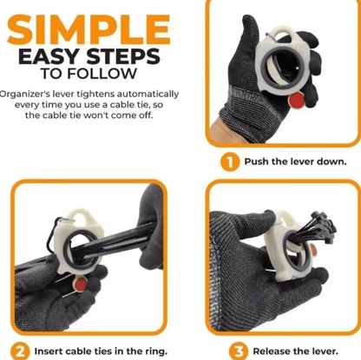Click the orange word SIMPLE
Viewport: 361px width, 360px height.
point(89,29)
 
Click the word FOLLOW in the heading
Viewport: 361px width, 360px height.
point(102,74)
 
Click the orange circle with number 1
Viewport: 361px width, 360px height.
point(230,162)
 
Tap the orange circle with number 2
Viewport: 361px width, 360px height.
point(20,351)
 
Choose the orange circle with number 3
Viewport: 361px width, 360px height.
point(239,351)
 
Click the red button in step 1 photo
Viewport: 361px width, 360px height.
point(296,101)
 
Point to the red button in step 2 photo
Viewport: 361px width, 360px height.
point(80,285)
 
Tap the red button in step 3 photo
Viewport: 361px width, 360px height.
point(313,251)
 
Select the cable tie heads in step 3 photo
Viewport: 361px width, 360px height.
point(324,224)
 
